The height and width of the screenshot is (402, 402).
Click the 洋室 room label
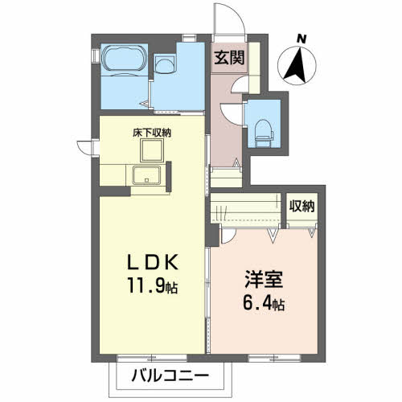(261, 284)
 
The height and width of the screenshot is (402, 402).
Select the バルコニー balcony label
(168, 375)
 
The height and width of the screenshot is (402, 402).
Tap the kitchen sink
(147, 177)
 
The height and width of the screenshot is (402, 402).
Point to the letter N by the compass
(301, 38)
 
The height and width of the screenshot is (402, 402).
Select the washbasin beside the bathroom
(166, 67)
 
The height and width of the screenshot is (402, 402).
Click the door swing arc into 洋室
(228, 233)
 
